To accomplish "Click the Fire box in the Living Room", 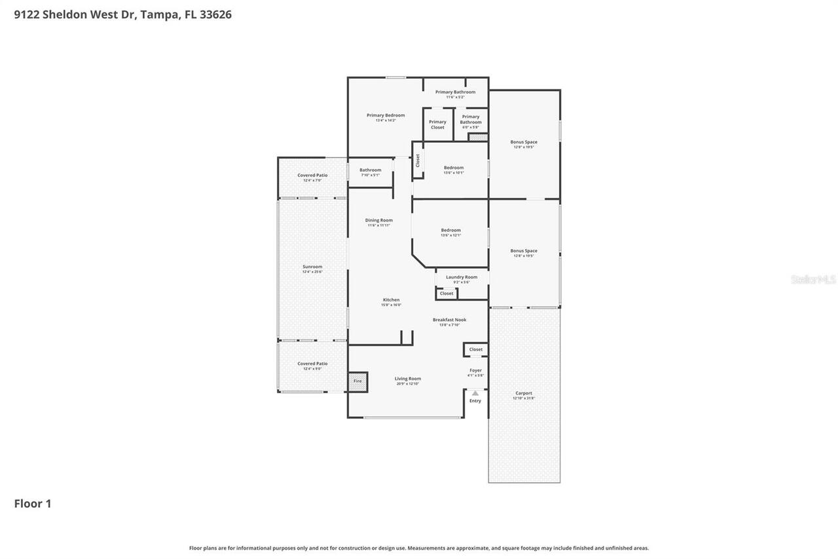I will coord(357,381).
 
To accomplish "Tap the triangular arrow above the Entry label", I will coord(475,393).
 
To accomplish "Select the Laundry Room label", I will coord(462,277).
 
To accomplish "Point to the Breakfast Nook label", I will coord(449,320).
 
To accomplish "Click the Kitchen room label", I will coord(391,300).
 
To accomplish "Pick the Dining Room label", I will coord(379,220).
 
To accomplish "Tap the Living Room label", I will coord(407,379).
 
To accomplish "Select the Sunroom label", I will coord(312,267).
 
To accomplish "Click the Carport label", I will coord(524,393).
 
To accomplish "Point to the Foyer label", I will coord(475,370).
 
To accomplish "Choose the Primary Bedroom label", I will coord(386,115).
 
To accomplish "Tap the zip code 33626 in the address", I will coord(217,14).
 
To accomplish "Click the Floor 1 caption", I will coord(33,503).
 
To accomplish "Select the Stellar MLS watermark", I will coord(813,279).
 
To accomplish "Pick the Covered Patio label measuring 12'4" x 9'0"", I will coord(312,364).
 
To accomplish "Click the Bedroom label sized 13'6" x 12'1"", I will coord(450,230).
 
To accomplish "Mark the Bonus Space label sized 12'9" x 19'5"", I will coord(524,142).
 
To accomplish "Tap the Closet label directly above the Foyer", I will coord(476,349).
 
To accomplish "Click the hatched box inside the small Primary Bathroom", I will coord(478,138).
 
